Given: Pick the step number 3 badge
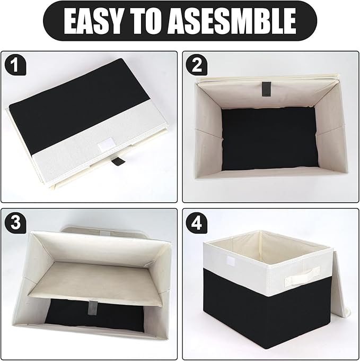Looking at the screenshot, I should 15,223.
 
